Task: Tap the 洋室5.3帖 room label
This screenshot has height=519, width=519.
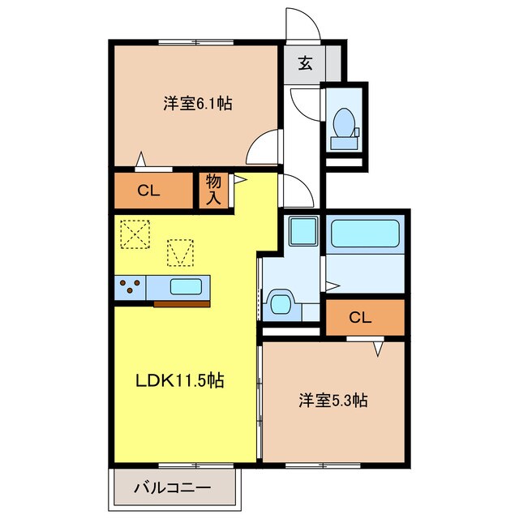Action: [333, 400]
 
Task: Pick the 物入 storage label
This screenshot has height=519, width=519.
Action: [213, 189]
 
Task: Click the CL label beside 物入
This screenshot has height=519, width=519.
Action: [148, 191]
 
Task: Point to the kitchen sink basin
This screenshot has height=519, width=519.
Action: [187, 286]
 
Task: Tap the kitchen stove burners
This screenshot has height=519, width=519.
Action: [130, 286]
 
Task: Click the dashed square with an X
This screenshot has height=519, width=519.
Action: [135, 235]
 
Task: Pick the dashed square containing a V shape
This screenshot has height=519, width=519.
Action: [181, 252]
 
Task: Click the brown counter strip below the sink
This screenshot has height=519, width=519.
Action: [182, 303]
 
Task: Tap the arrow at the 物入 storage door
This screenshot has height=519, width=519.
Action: [239, 181]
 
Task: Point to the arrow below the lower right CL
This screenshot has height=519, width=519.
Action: [378, 350]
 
